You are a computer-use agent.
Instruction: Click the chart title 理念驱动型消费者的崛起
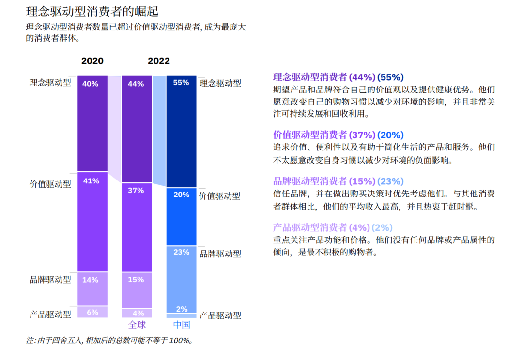point(92,11)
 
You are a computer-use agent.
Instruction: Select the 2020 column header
point(92,61)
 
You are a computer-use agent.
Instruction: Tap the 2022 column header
point(159,61)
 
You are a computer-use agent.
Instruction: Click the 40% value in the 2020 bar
point(91,84)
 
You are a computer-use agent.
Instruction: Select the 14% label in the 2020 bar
point(91,280)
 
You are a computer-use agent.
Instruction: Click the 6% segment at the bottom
point(92,312)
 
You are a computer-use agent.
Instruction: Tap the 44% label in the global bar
point(136,84)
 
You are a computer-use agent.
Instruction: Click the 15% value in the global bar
point(136,280)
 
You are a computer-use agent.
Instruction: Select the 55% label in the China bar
point(181,83)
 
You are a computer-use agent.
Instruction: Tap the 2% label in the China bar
point(182,309)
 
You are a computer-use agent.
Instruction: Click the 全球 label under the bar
point(137,324)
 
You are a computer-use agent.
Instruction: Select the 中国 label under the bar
point(182,324)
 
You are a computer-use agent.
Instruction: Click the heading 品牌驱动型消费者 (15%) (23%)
point(338,181)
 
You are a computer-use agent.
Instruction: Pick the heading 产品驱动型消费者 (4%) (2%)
point(333,227)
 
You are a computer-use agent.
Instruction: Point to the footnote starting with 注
point(109,341)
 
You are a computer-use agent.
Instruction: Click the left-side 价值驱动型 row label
point(50,184)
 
